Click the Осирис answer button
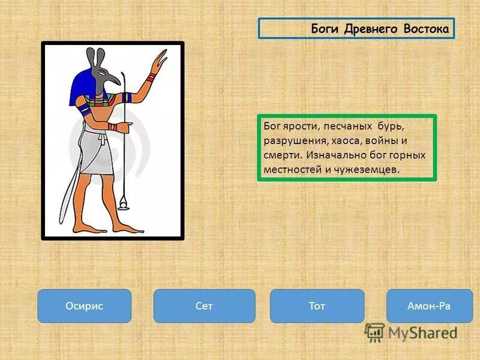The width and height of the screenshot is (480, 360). coord(84,306)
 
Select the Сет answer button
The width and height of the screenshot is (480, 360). coord(204,306)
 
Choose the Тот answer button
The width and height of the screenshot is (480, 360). coord(317,306)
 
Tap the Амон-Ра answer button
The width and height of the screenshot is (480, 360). coord(429,306)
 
